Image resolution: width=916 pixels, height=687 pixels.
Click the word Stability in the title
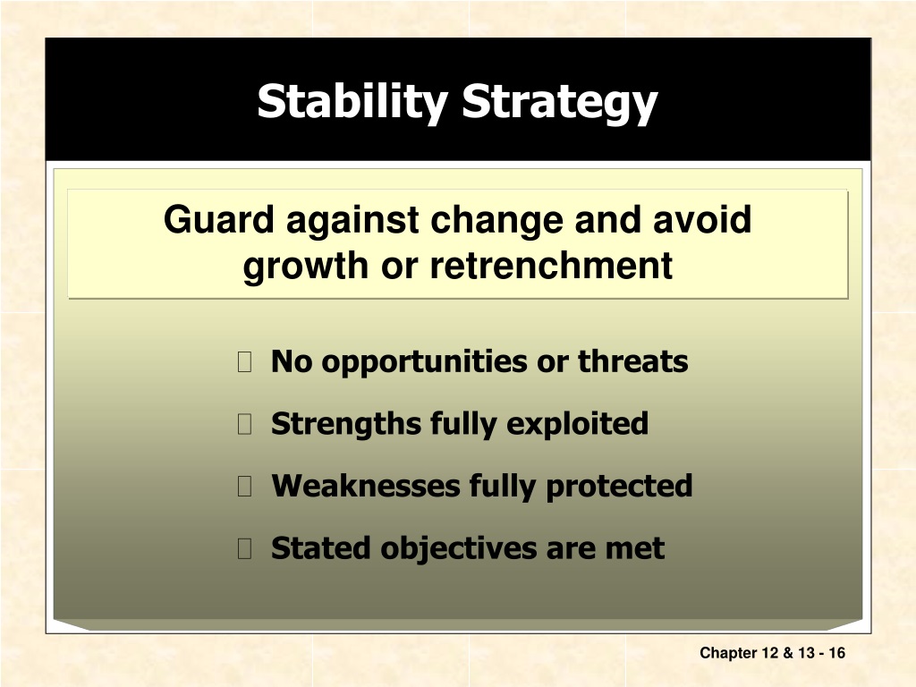pos(352,103)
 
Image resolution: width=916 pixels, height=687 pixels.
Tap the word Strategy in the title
pos(560,103)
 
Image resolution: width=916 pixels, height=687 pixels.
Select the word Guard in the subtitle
pos(218,220)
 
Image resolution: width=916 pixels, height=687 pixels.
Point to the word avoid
pos(701,220)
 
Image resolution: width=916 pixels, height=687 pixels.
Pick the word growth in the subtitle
pos(307,267)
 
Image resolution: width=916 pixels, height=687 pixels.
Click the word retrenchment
pos(551,265)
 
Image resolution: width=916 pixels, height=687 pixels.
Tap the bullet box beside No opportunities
pos(245,361)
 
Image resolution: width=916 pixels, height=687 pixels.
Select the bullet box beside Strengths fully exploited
pos(245,423)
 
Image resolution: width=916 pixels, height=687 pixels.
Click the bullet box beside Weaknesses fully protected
pos(245,486)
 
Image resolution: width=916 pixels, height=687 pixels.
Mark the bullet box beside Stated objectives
pos(245,548)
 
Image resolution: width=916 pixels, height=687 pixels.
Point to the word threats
pos(632,361)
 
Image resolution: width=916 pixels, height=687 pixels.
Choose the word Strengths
pos(346,424)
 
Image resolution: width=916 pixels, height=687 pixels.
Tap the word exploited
pos(577,424)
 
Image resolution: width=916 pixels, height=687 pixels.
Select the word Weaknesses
pos(366,486)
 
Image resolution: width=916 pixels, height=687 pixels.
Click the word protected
pos(619,487)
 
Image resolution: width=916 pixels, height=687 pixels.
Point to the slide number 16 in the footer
pos(836,652)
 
